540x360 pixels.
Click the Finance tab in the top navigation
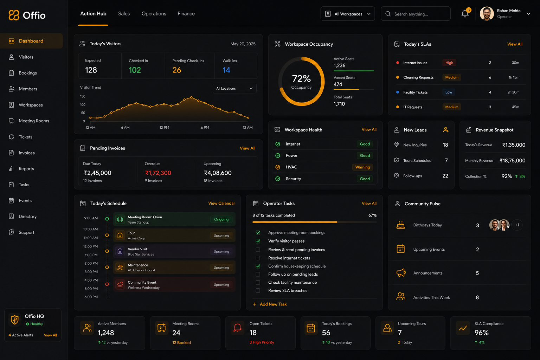186,14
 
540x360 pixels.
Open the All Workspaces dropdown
348,14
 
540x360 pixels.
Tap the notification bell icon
465,14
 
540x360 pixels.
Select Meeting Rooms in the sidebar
34,121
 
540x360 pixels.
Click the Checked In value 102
135,70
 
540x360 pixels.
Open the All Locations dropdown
234,89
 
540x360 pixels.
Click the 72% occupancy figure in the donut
301,79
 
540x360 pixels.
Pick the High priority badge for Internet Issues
449,63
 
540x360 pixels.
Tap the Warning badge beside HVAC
362,167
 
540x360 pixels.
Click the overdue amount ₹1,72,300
158,173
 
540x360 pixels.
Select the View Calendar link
221,203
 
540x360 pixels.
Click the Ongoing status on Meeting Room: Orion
221,219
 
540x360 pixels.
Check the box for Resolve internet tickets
258,258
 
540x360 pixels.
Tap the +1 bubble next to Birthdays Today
517,225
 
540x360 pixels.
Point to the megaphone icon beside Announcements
401,273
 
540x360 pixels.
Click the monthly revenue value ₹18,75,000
512,161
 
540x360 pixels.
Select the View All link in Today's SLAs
515,44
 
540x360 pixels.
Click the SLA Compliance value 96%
481,333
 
